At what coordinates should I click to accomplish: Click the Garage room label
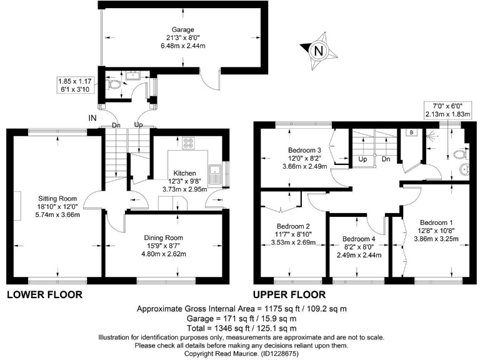184,29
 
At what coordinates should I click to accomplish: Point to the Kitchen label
184,173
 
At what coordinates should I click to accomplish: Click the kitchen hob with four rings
188,144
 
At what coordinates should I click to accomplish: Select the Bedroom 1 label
436,222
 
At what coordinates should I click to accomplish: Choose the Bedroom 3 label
304,151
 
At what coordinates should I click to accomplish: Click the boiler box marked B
411,132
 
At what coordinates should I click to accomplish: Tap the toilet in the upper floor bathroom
461,154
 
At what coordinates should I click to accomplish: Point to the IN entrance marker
92,117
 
